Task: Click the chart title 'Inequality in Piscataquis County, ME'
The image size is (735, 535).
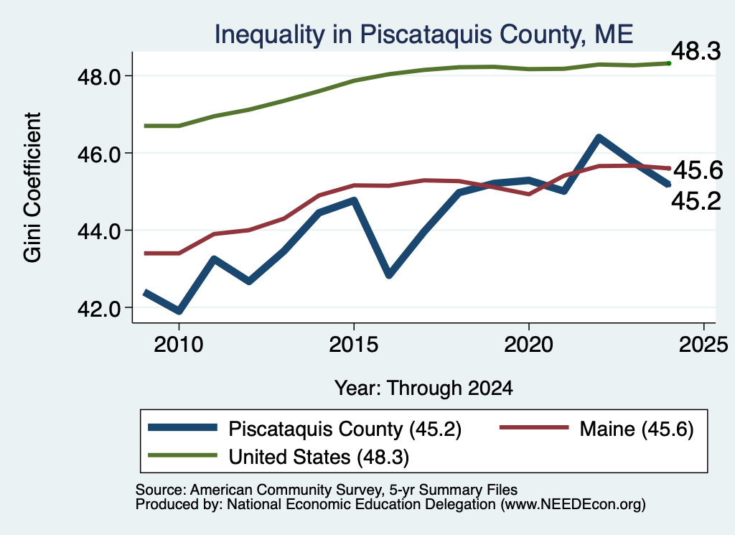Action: (423, 34)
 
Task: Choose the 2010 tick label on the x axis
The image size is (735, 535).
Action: (179, 345)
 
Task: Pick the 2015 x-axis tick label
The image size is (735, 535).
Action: (353, 345)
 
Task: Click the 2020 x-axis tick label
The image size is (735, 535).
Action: (529, 345)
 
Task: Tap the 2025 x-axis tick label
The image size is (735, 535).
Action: (703, 345)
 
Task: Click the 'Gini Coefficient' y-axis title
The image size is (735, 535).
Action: (32, 187)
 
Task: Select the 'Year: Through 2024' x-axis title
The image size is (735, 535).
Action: (423, 389)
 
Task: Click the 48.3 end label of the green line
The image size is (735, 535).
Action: (696, 51)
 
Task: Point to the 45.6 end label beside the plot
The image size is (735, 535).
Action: (698, 170)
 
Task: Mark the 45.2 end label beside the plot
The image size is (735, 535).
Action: (696, 202)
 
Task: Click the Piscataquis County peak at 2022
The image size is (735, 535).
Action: (599, 137)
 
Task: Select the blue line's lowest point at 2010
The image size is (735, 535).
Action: (179, 311)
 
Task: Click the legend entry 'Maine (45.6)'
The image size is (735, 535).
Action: (596, 429)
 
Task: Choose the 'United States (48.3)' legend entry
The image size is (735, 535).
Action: (278, 457)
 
